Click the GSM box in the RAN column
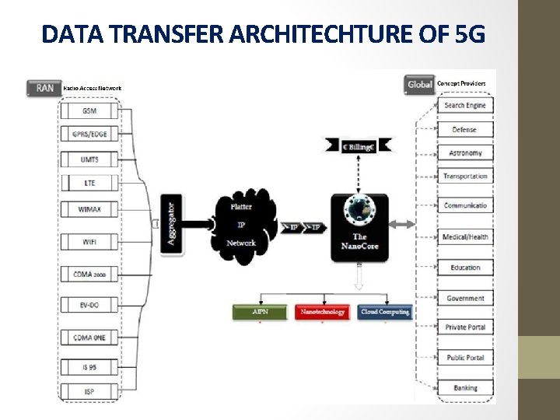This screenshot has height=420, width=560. coord(90,111)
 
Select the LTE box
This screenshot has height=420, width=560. coord(90,184)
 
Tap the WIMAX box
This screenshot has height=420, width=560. coord(90,209)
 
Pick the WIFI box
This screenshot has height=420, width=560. coord(90,242)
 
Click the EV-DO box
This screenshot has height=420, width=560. coord(90,306)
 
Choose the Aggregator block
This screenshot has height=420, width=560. coord(172,220)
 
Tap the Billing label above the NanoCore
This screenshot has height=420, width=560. coord(359,145)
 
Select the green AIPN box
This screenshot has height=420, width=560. coord(261,312)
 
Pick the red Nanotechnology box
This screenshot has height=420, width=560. coord(323,312)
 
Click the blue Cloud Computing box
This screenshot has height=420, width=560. coord(385,312)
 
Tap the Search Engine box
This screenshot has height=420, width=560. coord(465,105)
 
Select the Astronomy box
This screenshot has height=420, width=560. coord(465,153)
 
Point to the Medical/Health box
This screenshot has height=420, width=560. coord(465,236)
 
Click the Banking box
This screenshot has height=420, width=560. coord(465,387)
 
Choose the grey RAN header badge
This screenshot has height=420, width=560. coord(44,88)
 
